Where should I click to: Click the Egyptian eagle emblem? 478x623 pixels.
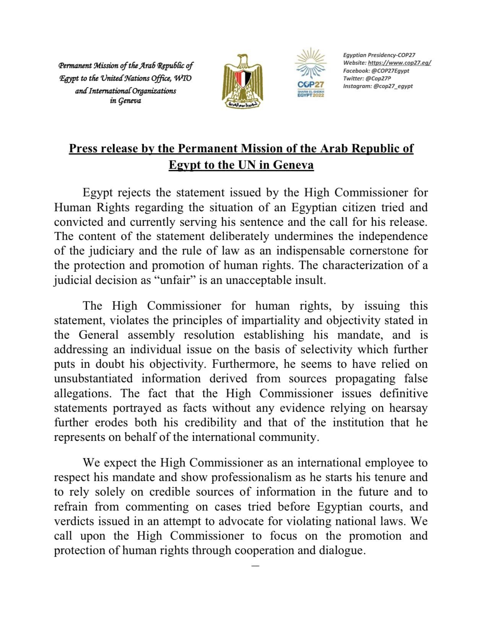pyautogui.click(x=242, y=81)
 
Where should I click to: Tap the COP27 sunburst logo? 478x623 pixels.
pyautogui.click(x=310, y=72)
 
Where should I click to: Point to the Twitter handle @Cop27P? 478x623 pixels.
pyautogui.click(x=378, y=78)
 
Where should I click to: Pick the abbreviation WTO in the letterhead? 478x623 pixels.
pyautogui.click(x=183, y=78)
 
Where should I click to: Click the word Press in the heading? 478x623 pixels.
pyautogui.click(x=83, y=148)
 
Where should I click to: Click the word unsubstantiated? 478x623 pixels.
pyautogui.click(x=93, y=378)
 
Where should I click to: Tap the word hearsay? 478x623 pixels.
pyautogui.click(x=408, y=408)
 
